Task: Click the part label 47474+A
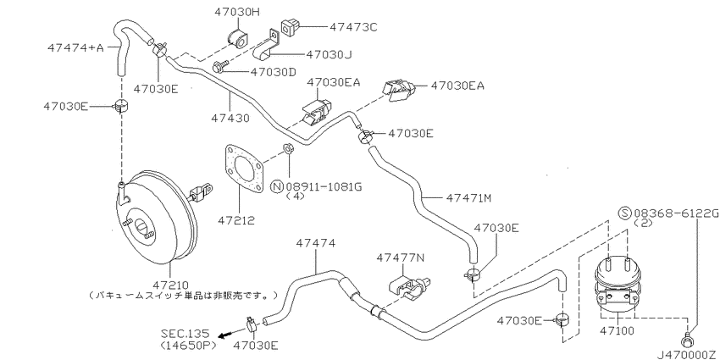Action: point(77,47)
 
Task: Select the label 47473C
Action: point(353,28)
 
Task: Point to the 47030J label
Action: point(329,55)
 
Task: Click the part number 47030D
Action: point(274,72)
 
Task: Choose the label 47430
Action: point(230,118)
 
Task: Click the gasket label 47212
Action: point(236,221)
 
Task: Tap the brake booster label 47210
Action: point(169,285)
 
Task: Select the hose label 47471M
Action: point(468,198)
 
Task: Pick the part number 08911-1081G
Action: point(324,187)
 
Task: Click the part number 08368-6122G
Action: point(676,213)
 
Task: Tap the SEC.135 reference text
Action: point(185,333)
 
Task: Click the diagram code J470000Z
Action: point(688,355)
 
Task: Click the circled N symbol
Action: point(278,187)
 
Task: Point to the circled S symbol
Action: point(624,213)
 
